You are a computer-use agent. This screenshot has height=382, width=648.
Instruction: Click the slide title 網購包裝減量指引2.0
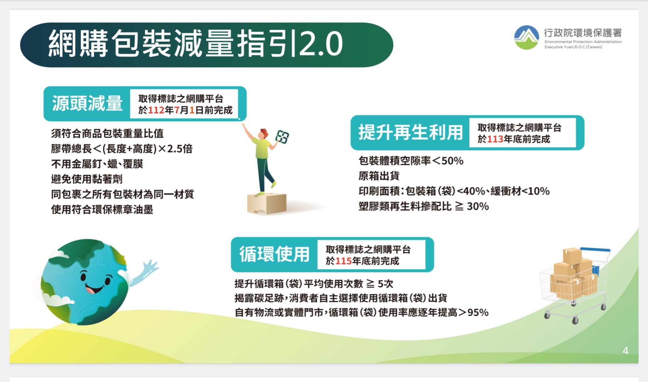point(195,44)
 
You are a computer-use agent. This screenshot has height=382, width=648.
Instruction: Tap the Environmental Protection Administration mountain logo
point(527,37)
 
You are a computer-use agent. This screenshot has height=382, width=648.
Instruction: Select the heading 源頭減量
point(87,104)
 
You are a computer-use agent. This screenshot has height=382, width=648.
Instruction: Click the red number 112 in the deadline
point(156,110)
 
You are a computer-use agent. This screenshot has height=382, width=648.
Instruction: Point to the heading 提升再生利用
point(410,133)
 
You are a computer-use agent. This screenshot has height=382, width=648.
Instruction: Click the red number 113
point(495,139)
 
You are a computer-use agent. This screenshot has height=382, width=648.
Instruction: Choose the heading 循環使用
point(274,254)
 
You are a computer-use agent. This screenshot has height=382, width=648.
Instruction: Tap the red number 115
point(343,261)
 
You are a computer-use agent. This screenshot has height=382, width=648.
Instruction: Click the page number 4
point(625,351)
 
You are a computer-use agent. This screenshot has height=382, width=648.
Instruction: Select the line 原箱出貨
point(379,176)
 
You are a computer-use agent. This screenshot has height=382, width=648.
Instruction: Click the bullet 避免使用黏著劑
point(87,179)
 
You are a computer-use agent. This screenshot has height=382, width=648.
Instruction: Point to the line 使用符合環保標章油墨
point(102,209)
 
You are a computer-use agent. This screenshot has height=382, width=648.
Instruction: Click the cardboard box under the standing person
point(267,204)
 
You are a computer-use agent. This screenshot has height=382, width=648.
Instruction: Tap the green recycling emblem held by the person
point(283,137)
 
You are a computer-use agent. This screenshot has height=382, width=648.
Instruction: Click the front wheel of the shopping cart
point(575,321)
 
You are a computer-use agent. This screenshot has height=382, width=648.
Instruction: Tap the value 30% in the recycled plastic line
point(478,206)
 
